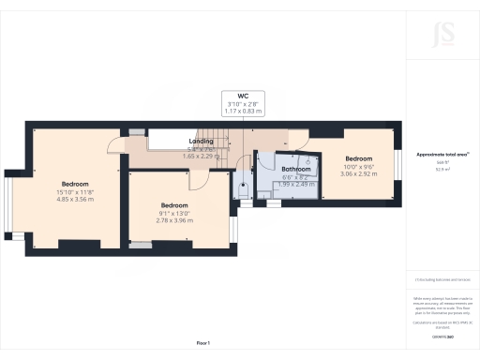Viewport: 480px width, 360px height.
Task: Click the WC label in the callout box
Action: point(242,96)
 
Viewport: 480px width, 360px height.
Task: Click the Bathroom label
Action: point(297,169)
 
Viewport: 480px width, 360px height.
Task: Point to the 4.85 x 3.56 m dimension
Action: point(75,199)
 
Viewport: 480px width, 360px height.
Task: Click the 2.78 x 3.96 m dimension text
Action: point(174,220)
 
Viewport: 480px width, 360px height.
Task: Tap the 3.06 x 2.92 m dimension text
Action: point(359,173)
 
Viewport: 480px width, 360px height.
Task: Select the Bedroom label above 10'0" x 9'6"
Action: point(359,158)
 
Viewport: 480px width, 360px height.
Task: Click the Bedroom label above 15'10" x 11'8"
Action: point(75,183)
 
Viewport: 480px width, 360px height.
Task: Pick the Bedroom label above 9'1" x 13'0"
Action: point(174,204)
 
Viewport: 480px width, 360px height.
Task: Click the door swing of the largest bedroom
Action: point(114,143)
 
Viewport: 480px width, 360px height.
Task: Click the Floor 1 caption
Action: point(202,343)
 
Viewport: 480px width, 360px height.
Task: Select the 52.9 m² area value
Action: point(441,170)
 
